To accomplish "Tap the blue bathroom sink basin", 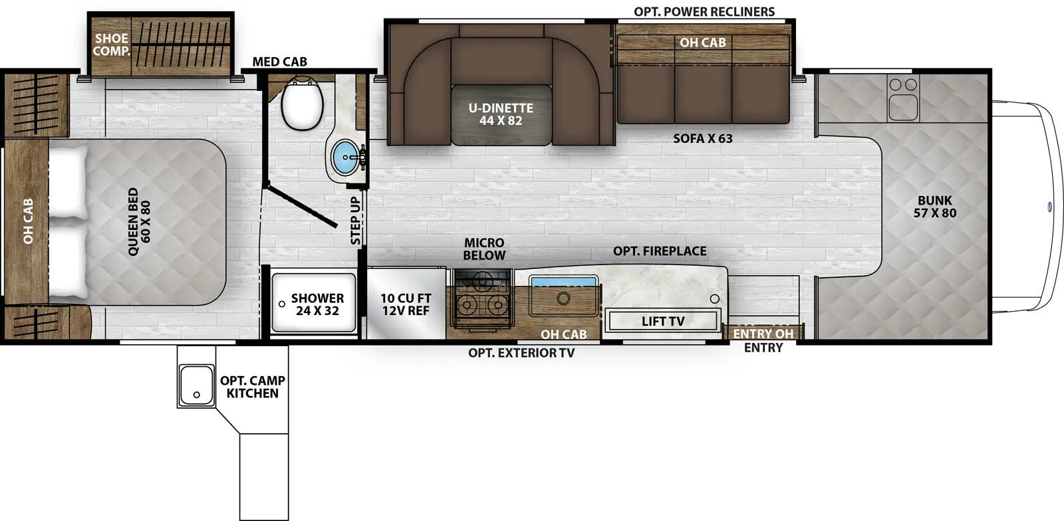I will (x=344, y=157).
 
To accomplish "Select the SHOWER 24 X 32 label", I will (x=317, y=304).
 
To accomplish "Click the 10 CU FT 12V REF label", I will (x=406, y=304).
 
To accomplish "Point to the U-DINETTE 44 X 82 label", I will (x=501, y=114).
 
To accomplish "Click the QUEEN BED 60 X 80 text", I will (x=139, y=221).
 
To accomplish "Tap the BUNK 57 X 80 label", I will (x=934, y=207).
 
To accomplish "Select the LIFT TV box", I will (x=662, y=321).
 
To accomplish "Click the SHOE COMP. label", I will (x=111, y=45).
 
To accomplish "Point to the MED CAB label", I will (x=279, y=62).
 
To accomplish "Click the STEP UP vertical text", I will (x=356, y=220).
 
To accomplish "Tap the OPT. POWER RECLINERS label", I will (x=704, y=12).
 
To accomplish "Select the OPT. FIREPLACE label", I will (x=660, y=251).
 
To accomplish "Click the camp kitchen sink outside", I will (x=196, y=386).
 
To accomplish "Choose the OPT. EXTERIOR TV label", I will (x=521, y=353).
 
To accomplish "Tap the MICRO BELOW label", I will (x=484, y=249).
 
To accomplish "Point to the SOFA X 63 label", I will (x=702, y=139).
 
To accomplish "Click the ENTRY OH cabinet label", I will (x=763, y=334).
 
